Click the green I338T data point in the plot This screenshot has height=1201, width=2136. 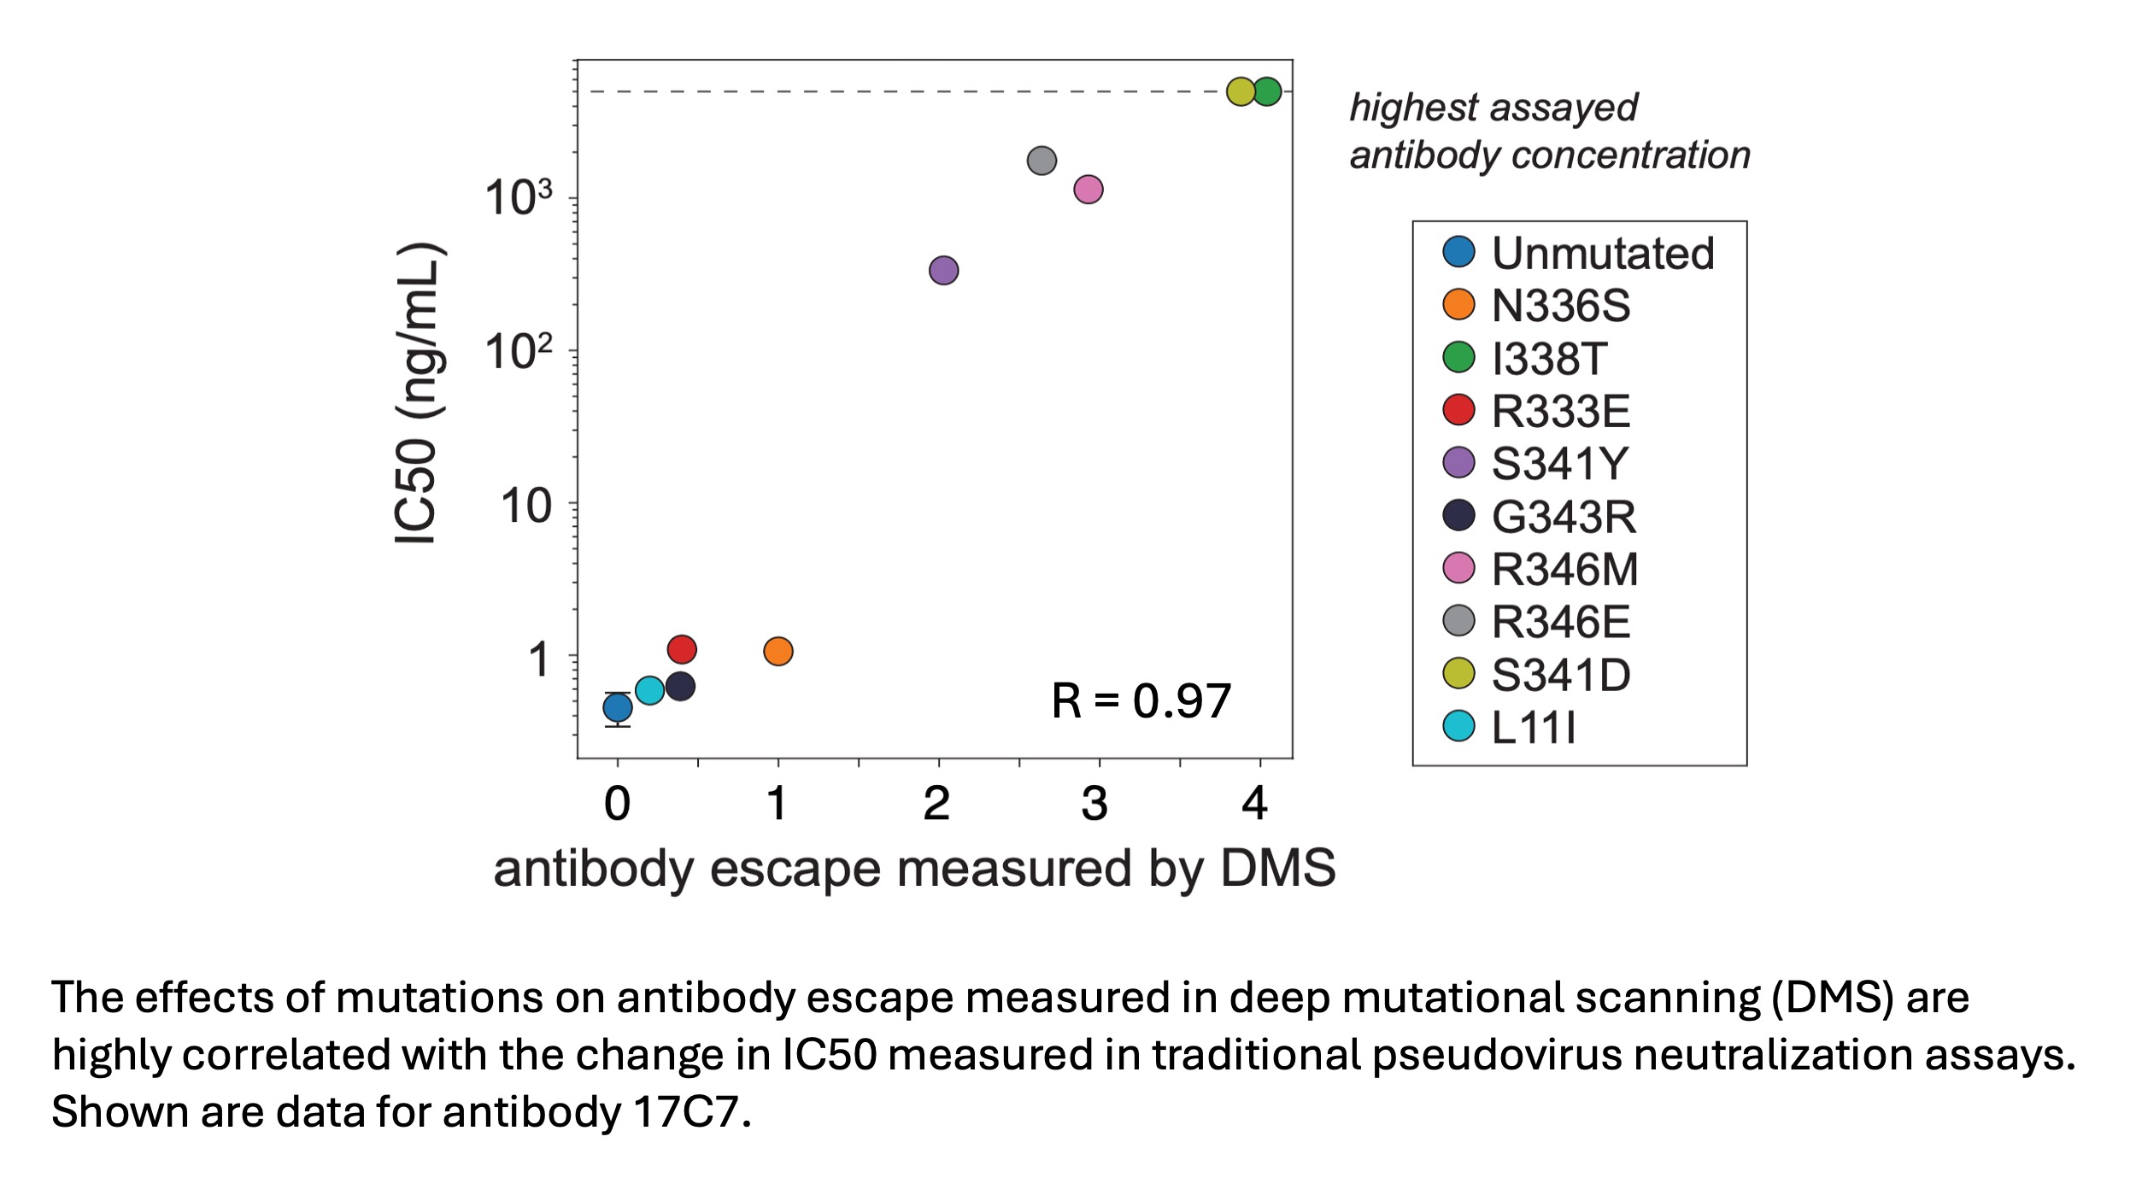point(1267,91)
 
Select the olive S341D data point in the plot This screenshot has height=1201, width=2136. point(1241,91)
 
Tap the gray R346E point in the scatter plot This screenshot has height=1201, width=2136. point(1042,161)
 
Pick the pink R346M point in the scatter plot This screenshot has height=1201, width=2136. point(1088,189)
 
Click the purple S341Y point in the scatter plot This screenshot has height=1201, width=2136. point(943,271)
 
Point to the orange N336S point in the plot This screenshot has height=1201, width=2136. point(778,652)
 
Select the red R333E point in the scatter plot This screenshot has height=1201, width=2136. point(682,649)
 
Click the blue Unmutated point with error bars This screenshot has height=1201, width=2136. point(618,707)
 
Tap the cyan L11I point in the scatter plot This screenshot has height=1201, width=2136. point(649,690)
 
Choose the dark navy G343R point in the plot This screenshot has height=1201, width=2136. point(680,686)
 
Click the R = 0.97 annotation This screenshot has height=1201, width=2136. point(1141,701)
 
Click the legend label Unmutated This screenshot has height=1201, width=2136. point(1602,253)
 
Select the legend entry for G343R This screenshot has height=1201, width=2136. point(1563,516)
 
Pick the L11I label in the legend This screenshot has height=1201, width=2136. point(1533,728)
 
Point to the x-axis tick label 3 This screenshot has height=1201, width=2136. point(1095,804)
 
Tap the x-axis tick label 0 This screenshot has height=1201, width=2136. point(617,804)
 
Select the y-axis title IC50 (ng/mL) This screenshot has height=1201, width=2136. point(419,393)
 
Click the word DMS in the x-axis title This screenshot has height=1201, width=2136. point(1277,869)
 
